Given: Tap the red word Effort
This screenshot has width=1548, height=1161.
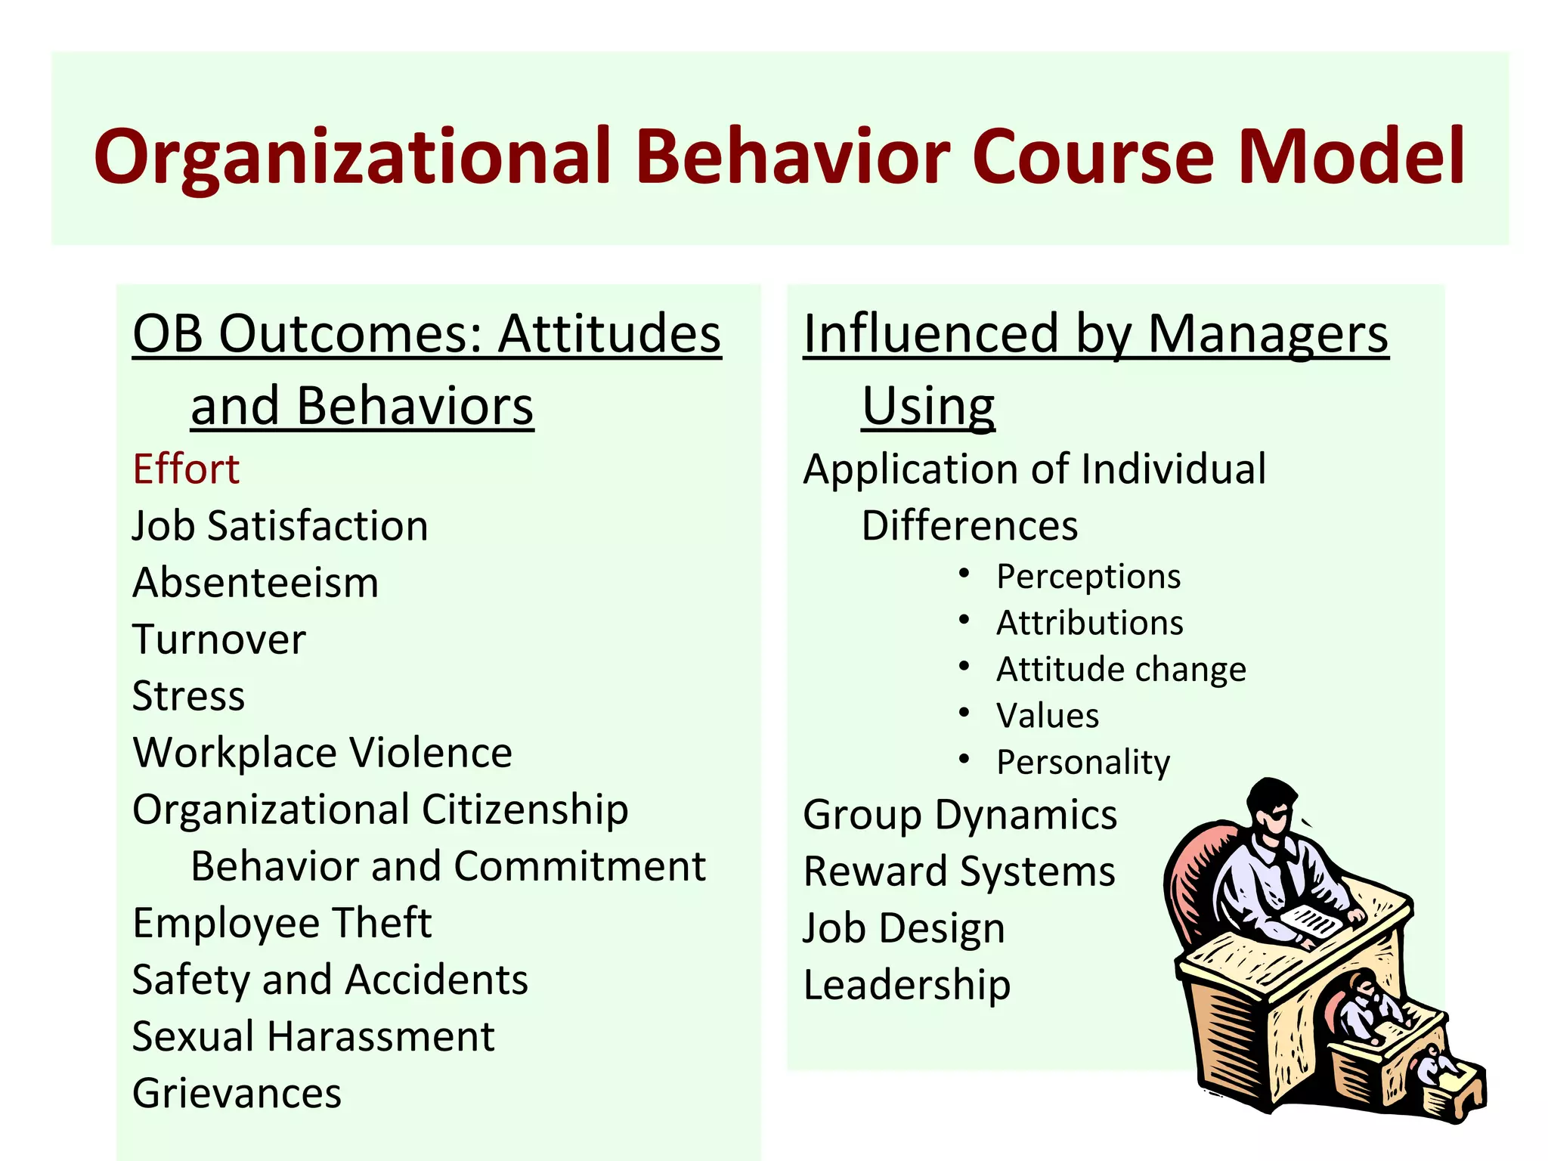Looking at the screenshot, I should pyautogui.click(x=186, y=469).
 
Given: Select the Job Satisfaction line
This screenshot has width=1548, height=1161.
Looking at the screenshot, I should pyautogui.click(x=280, y=526).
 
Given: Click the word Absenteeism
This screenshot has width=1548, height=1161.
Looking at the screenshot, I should pyautogui.click(x=255, y=583).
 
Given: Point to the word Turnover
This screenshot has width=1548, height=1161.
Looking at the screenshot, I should pyautogui.click(x=219, y=639).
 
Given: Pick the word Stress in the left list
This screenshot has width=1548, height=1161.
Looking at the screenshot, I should pyautogui.click(x=188, y=696).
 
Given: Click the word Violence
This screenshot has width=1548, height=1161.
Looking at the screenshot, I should pyautogui.click(x=430, y=753).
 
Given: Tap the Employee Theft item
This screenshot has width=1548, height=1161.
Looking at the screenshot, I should pyautogui.click(x=282, y=923).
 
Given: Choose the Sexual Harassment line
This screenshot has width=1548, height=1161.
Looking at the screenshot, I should pyautogui.click(x=313, y=1036).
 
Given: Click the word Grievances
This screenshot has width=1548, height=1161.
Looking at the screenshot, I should pyautogui.click(x=237, y=1093).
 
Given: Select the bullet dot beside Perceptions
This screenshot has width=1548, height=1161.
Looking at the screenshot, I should pyautogui.click(x=964, y=574).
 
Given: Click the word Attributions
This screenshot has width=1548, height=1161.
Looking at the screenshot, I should pyautogui.click(x=1090, y=623).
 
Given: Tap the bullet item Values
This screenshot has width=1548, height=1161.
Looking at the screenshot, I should pyautogui.click(x=1048, y=716).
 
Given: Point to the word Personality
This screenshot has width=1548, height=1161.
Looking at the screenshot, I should pyautogui.click(x=1083, y=762).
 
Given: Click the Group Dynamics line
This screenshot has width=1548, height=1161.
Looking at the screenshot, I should pyautogui.click(x=960, y=815).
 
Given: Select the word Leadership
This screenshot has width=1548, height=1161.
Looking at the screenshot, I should pyautogui.click(x=907, y=985).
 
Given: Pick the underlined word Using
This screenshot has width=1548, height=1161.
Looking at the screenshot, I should pyautogui.click(x=928, y=406).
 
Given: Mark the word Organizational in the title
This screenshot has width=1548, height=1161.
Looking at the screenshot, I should pyautogui.click(x=352, y=156).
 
